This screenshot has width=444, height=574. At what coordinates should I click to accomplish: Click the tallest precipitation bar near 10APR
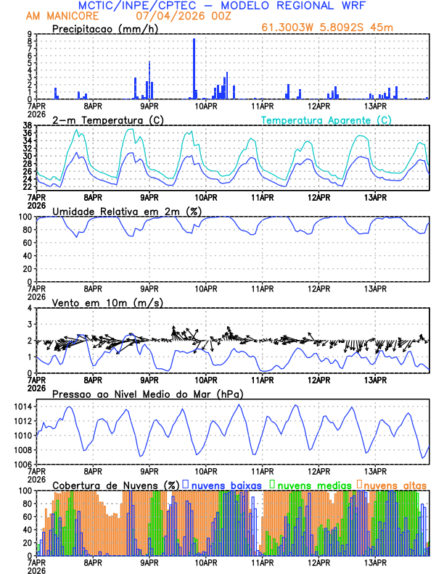pos(194,69)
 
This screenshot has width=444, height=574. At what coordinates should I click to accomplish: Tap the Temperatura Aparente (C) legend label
pos(326,120)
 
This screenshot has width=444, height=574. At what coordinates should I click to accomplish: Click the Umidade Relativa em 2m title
pos(126,211)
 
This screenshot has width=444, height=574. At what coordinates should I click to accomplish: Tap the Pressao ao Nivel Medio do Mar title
pos(148,394)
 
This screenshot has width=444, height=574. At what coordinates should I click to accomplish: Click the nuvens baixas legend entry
pos(221,484)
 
